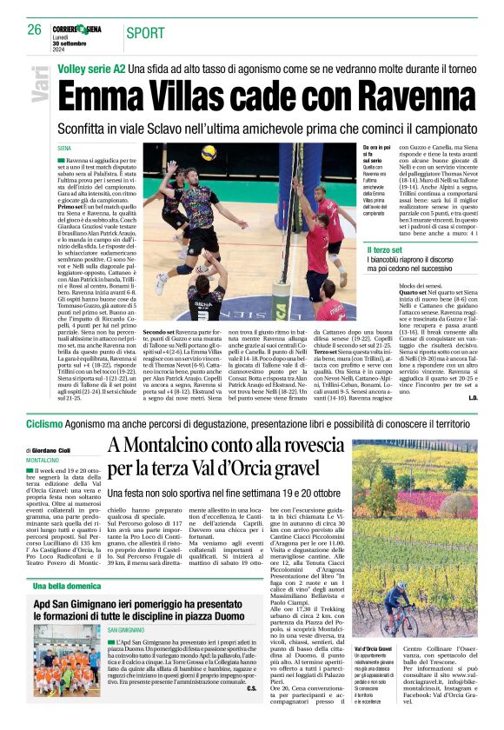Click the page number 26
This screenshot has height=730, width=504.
35,30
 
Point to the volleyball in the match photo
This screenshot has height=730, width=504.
209,152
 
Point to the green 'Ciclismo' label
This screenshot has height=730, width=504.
44,423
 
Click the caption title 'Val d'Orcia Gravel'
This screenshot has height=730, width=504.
373,648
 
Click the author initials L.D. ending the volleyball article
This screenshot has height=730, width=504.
473,398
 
